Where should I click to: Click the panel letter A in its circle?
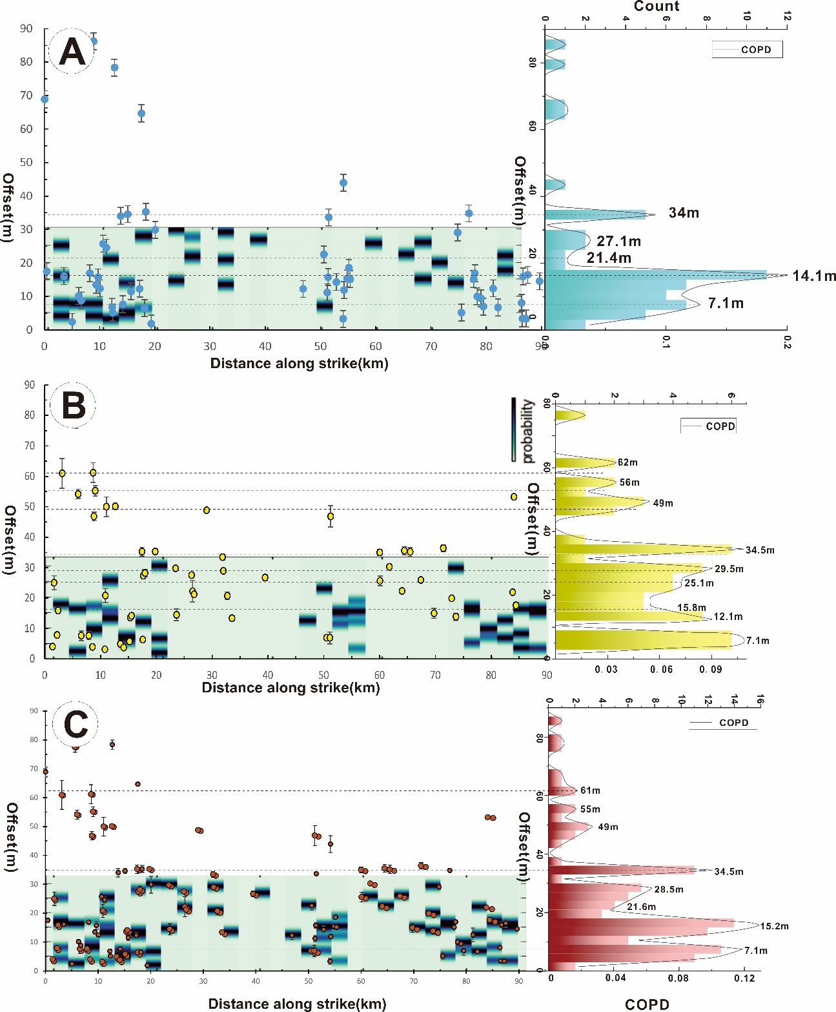click(72, 51)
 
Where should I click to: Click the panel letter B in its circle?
click(73, 406)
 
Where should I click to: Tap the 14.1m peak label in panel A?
click(814, 276)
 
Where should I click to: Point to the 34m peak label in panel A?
click(684, 213)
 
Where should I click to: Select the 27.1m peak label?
click(618, 242)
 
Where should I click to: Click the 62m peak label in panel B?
click(627, 462)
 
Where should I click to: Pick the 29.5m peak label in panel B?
click(729, 569)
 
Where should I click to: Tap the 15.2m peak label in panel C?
click(774, 926)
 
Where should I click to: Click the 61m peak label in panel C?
click(590, 790)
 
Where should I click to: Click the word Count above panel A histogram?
click(657, 6)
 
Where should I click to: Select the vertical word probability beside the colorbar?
click(528, 431)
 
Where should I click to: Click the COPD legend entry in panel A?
click(755, 50)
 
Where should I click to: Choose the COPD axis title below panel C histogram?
click(647, 1004)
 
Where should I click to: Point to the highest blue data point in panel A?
click(94, 41)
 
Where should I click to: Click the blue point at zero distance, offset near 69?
click(45, 99)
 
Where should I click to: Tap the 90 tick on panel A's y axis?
click(26, 28)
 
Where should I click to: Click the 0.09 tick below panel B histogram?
click(710, 670)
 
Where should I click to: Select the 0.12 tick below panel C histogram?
click(744, 978)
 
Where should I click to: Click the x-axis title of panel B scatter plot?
click(291, 687)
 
